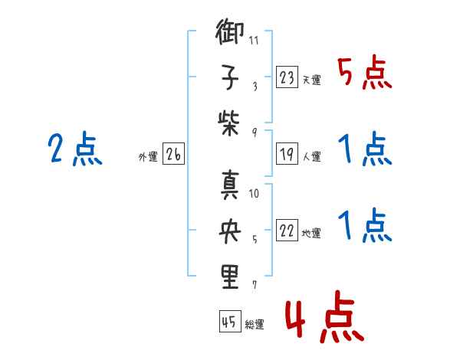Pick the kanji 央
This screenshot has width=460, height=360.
pyautogui.click(x=230, y=232)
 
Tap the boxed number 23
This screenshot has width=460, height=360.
pyautogui.click(x=287, y=77)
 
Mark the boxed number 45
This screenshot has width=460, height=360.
pyautogui.click(x=228, y=322)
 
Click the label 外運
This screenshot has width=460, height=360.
pyautogui.click(x=147, y=157)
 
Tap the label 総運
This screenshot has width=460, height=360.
pyautogui.click(x=254, y=325)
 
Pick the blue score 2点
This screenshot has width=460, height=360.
pyautogui.click(x=75, y=149)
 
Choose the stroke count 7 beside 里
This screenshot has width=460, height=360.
pyautogui.click(x=254, y=286)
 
